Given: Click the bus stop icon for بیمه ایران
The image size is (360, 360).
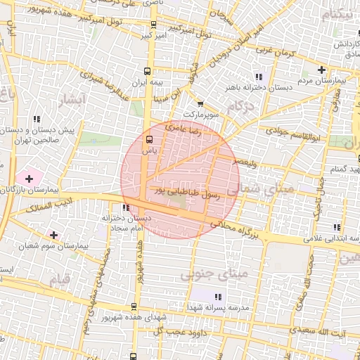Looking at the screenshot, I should (x=148, y=71).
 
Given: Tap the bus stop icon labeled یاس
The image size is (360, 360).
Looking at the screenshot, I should (x=149, y=138).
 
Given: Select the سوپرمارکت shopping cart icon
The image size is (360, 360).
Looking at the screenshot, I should (x=201, y=104).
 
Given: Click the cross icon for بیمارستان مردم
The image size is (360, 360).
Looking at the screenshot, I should (x=321, y=70).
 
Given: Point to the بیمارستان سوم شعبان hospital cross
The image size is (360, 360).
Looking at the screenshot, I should (x=53, y=233).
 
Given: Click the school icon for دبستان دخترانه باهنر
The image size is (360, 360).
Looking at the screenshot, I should (x=259, y=76).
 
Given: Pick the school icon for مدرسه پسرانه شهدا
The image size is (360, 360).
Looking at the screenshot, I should (x=217, y=297).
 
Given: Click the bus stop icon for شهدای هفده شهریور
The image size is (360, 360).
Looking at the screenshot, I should (x=134, y=307).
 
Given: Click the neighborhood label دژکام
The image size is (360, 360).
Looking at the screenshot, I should (x=242, y=106).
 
